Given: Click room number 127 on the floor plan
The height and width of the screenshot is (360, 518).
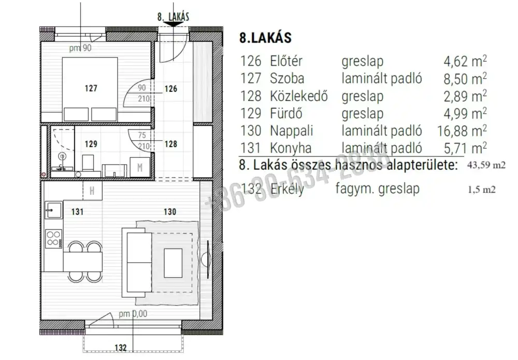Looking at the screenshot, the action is (x=91, y=88).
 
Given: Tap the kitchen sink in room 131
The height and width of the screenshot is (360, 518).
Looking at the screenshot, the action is (x=53, y=210).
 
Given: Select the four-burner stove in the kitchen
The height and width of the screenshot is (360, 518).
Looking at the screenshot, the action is (x=53, y=239).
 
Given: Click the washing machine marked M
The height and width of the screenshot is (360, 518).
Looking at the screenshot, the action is (x=140, y=167).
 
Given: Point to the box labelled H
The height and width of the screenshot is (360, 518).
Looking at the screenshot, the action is (x=92, y=191).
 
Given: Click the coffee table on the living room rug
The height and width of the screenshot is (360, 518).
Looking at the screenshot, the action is (x=173, y=263).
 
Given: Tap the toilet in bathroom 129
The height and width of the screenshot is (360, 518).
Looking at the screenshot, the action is (x=88, y=163).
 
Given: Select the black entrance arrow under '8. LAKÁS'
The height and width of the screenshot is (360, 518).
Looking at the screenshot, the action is (x=174, y=24).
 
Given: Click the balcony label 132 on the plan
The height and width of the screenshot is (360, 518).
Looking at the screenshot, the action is (x=121, y=348).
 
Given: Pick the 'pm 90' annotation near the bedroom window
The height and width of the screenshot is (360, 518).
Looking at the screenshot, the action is (x=80, y=48).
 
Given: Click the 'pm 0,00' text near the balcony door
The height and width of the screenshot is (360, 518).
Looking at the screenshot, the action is (x=133, y=314).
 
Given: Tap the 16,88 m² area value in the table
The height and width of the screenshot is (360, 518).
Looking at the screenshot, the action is (x=462, y=131).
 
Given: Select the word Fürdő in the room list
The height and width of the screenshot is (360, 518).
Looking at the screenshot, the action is (x=286, y=113).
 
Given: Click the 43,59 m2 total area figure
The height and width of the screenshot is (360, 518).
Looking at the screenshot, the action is (x=486, y=165).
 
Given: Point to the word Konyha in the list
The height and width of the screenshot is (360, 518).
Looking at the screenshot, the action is (x=291, y=148).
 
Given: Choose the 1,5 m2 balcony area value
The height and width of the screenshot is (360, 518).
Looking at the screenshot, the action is (x=482, y=190).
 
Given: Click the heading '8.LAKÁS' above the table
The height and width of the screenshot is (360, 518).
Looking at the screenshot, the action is (x=266, y=38).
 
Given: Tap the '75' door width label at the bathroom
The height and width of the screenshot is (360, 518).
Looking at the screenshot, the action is (x=142, y=135).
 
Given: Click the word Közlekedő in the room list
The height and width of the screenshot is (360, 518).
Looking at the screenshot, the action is (x=299, y=96).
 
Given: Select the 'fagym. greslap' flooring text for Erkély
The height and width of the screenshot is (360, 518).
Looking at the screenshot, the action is (x=378, y=189).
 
